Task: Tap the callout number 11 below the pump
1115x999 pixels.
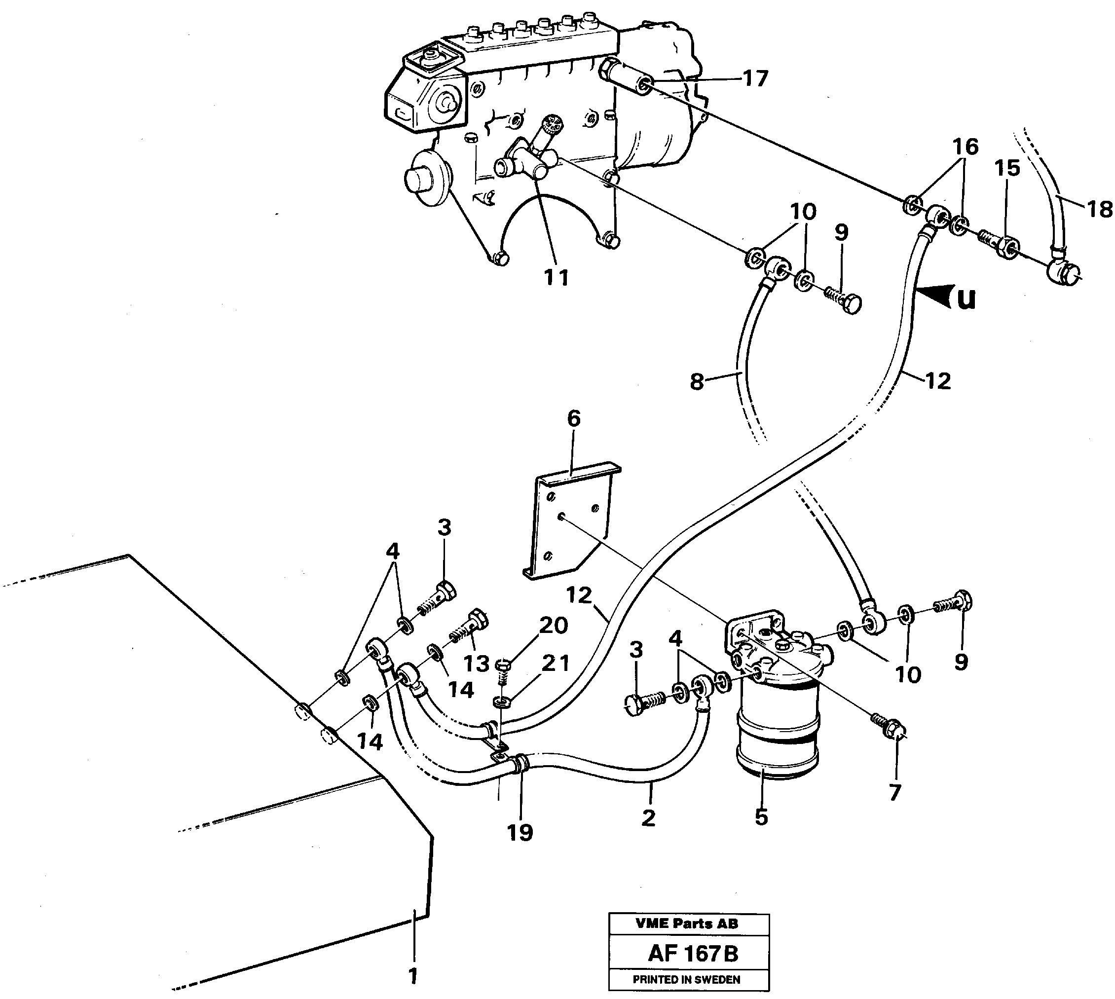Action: pos(556,277)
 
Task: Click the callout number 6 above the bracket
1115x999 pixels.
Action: pos(573,418)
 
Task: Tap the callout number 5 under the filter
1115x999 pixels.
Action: pos(761,817)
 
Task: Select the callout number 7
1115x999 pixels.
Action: pos(895,793)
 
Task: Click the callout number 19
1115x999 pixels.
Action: pos(520,833)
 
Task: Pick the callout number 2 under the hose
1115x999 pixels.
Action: pos(648,818)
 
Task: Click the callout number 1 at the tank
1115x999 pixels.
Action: pos(413,975)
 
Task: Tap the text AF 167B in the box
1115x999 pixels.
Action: pos(693,954)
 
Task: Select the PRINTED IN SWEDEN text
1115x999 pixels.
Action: pos(686,979)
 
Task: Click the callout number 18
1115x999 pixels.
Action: pos(1100,209)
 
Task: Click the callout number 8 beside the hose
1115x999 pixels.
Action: pos(696,382)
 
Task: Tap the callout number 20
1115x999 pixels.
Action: pos(553,625)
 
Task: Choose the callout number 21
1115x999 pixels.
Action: pos(555,663)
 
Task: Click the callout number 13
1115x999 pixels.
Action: pos(476,664)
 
